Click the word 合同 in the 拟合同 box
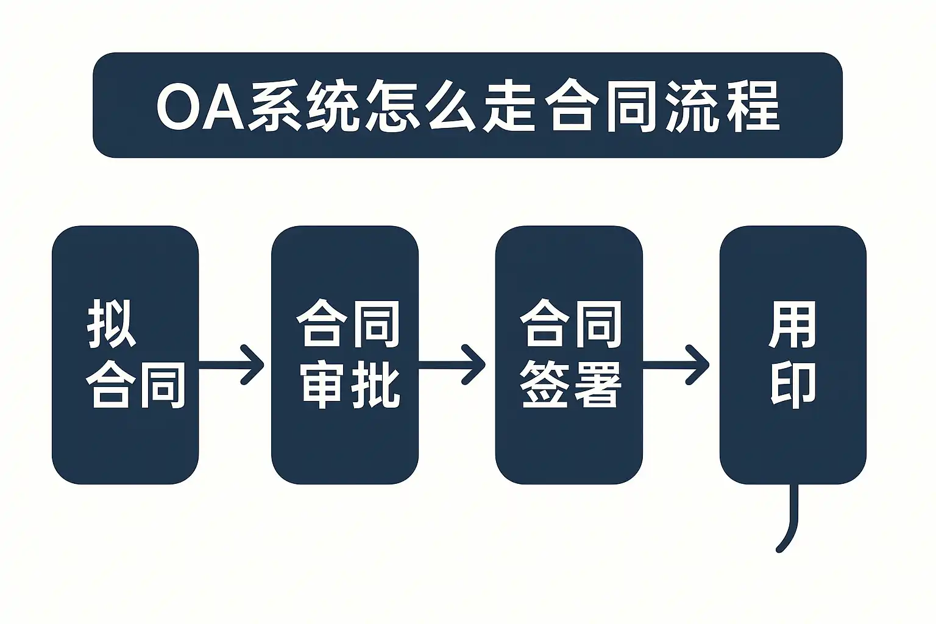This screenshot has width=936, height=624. [x=135, y=384]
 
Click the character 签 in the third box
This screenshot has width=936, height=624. [x=545, y=385]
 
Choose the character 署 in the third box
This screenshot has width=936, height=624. [x=597, y=385]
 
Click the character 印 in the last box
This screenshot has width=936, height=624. [x=793, y=385]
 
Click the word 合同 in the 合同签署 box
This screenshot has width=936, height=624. [x=571, y=325]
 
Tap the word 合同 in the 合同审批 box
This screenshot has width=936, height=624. [x=348, y=325]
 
